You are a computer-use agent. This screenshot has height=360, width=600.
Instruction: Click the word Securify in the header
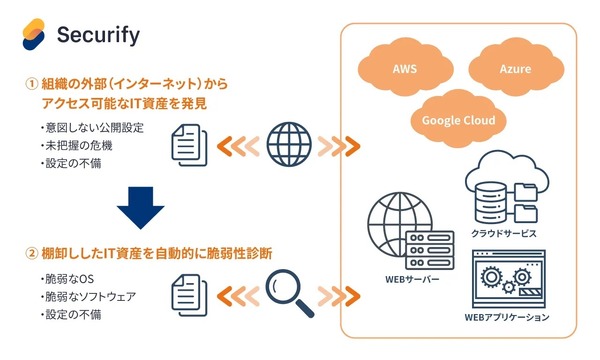tap(99, 36)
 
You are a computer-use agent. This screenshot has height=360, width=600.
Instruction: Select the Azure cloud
tap(515, 69)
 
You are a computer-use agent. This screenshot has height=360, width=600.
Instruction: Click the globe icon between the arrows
tap(290, 142)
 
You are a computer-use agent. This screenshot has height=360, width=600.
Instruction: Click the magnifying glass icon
tap(288, 289)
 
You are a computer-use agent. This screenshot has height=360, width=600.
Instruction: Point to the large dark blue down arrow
tap(139, 207)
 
